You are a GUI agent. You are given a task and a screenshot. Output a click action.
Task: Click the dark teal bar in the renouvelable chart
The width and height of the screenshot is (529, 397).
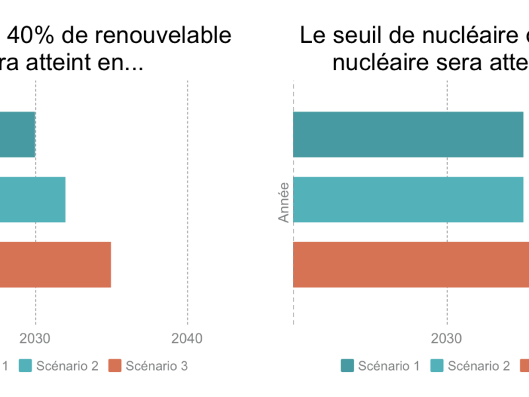point(17,135)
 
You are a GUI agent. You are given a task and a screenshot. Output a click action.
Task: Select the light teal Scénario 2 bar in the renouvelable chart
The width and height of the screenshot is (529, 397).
point(32,200)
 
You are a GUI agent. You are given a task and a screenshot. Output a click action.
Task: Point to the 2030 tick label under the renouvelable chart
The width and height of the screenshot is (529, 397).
point(36,339)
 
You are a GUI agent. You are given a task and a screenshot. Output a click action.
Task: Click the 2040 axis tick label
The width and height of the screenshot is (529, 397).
point(188,339)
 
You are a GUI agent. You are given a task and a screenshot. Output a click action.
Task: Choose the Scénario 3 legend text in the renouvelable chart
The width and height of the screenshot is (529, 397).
point(157,365)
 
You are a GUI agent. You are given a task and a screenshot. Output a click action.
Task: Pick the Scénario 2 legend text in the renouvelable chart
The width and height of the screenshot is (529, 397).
point(67,365)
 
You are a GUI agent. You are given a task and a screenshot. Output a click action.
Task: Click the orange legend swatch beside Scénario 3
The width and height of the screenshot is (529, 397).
point(116,365)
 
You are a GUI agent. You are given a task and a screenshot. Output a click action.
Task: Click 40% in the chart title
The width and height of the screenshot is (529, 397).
point(30,35)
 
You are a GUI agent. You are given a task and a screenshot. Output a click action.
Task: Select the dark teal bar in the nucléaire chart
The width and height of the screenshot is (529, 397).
point(408,135)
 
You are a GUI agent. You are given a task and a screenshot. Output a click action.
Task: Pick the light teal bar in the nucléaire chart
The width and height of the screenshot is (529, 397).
point(408,200)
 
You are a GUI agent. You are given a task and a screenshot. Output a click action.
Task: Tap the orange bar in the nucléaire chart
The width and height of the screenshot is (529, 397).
point(411,265)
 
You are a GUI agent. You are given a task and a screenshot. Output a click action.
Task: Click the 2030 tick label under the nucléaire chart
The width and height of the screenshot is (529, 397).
point(446,339)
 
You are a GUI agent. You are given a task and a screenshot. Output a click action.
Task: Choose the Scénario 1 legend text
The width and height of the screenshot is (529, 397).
point(389,365)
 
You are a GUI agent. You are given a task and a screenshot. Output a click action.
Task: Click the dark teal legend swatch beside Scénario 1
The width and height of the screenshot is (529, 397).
point(348,365)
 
